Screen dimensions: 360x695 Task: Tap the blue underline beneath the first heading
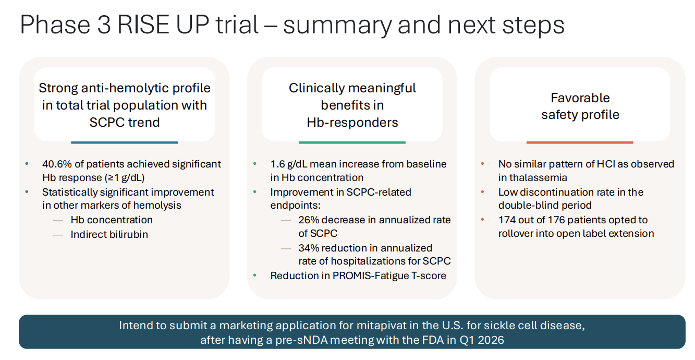coord(124,142)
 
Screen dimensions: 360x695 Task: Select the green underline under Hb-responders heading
coord(352,142)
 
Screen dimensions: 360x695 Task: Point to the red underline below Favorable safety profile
coord(579,142)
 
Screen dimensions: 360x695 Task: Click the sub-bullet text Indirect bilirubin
coord(109,234)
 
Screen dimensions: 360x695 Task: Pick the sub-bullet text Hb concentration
coord(112,220)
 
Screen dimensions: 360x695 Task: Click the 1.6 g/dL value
coord(291,164)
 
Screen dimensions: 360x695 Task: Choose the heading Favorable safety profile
coord(580,106)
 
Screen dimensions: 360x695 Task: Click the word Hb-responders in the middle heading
coord(352,123)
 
